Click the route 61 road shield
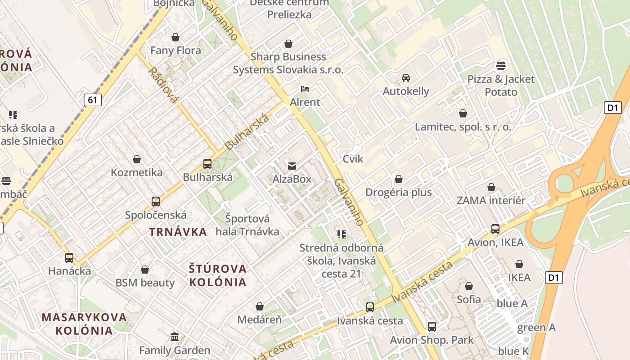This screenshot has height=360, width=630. tap(92, 100)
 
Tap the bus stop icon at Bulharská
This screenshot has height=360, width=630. tap(207, 164)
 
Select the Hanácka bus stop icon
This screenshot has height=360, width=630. tap(69, 258)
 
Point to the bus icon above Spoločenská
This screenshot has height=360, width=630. tap(156, 202)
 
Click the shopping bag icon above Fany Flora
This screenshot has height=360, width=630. tap(175, 37)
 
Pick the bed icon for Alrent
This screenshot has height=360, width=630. tap(305, 89)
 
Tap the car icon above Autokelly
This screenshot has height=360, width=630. tap(406, 78)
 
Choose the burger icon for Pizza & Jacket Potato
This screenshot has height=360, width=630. tap(501, 66)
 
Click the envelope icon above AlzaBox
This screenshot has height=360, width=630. tap(292, 166)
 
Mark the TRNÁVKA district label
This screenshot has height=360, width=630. tap(178, 232)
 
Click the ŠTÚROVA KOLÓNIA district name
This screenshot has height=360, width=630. tap(218, 275)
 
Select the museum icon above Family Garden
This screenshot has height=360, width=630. tap(175, 337)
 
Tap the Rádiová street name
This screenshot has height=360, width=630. tap(162, 85)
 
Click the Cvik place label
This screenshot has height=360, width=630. tap(353, 159)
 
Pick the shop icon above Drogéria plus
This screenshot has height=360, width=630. tap(398, 180)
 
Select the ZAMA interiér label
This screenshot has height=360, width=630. tap(491, 201)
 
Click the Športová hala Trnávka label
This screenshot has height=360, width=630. tap(247, 225)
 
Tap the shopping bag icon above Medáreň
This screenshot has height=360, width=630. tap(260, 307)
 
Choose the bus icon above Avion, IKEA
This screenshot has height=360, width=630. tap(495, 229)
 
